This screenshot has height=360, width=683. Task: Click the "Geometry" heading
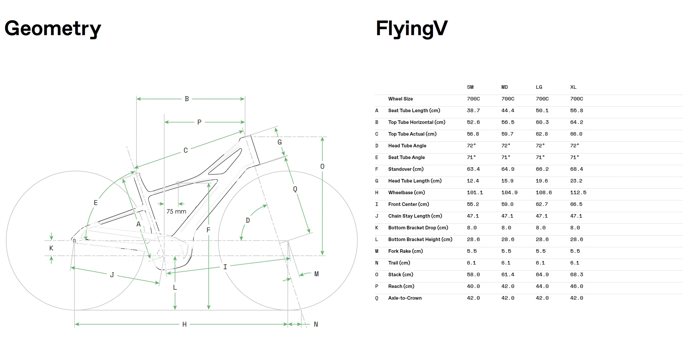click(53, 29)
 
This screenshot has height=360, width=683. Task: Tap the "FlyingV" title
click(412, 29)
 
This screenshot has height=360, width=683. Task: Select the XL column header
click(573, 87)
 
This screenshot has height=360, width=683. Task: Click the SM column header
click(470, 87)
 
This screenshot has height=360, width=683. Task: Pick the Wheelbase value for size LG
click(544, 193)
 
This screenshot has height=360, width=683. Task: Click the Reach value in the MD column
click(508, 286)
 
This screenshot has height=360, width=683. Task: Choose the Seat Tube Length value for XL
click(576, 111)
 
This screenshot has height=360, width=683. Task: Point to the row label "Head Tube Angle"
click(407, 146)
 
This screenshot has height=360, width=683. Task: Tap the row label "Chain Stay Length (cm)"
click(415, 216)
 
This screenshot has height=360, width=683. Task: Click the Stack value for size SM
click(473, 275)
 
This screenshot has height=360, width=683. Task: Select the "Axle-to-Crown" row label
click(405, 298)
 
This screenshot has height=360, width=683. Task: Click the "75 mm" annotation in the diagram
click(176, 211)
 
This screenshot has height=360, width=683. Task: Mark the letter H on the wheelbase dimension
click(184, 324)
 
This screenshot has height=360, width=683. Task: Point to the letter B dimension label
click(187, 99)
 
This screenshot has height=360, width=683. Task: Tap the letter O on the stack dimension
click(322, 167)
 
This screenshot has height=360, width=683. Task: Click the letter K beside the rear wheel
click(51, 248)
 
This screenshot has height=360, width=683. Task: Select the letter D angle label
click(248, 220)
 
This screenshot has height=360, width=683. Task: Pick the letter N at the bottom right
click(316, 324)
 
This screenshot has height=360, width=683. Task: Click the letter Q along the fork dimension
click(295, 189)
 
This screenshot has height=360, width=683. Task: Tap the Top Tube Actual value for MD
click(508, 134)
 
